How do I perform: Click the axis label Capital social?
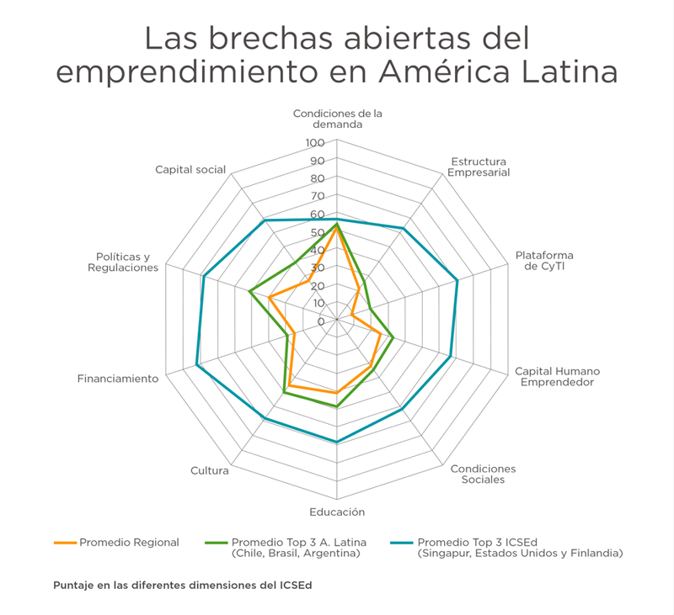click(190, 169)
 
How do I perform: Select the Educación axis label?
click(337, 512)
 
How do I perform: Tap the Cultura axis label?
click(210, 470)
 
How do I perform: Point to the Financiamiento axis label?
click(118, 379)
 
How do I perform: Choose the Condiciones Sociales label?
click(483, 475)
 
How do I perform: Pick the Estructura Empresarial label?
click(479, 167)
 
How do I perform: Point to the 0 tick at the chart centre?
click(321, 321)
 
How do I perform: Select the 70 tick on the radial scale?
click(317, 196)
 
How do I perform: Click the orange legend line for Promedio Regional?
click(65, 543)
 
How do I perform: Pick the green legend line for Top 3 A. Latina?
click(217, 543)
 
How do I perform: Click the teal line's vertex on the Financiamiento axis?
click(196, 364)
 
